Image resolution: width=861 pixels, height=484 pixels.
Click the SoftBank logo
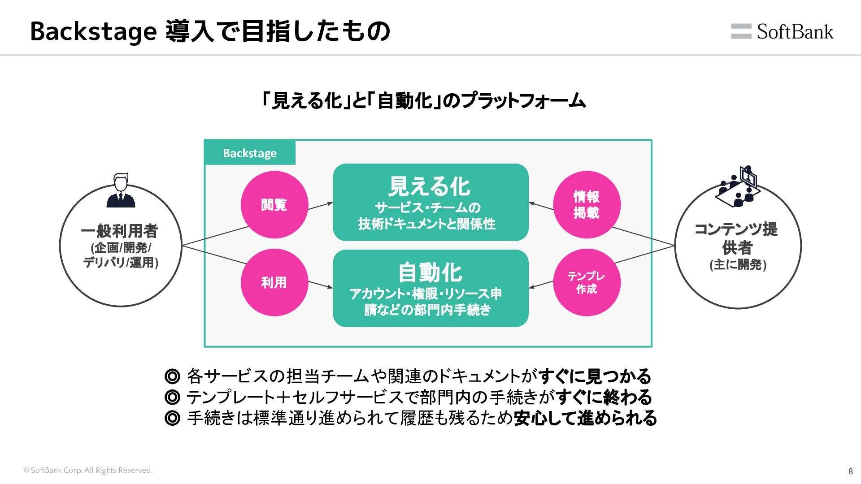coord(782,31)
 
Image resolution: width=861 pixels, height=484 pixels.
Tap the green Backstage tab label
coord(250,153)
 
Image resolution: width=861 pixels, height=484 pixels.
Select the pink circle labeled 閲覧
coord(274,205)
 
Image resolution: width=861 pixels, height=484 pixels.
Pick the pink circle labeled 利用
coord(274,282)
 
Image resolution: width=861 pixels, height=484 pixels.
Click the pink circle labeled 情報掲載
coord(587,205)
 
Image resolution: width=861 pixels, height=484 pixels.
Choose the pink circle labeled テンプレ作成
coord(587,282)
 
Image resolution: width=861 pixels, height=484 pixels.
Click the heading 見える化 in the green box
coord(429,186)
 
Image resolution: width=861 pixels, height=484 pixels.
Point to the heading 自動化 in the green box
coord(430,272)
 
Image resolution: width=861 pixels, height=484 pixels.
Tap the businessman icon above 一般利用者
coord(121,190)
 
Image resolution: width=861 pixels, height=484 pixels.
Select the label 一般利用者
coord(120,231)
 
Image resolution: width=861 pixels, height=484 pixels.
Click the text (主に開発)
coord(738,265)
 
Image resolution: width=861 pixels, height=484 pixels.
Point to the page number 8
coord(851,471)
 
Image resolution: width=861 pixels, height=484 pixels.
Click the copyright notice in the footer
coord(88,471)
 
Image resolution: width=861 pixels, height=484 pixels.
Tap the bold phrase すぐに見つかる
coord(595,376)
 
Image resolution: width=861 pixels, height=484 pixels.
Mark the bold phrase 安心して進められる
coord(585,418)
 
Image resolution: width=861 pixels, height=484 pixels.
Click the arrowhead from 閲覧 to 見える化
coord(330,203)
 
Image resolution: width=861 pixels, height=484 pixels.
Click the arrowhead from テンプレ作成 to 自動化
coord(532,287)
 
